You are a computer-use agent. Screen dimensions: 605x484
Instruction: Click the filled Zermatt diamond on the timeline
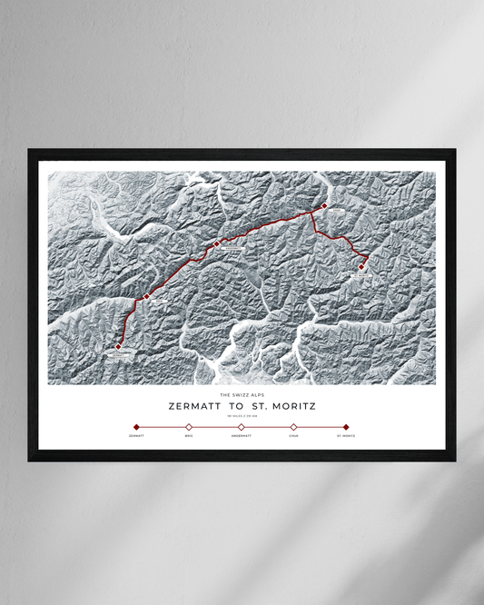(136, 426)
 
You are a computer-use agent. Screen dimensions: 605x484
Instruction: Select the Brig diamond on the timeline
(189, 426)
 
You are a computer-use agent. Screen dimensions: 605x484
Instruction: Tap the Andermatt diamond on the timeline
(241, 426)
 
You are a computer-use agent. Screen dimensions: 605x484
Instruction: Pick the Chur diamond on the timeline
(293, 426)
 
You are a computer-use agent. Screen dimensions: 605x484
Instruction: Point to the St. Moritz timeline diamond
(346, 426)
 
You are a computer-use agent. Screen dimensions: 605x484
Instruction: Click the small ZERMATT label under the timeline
(136, 437)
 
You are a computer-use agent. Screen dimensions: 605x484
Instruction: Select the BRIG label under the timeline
(189, 437)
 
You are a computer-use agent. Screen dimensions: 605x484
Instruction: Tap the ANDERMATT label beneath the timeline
(241, 437)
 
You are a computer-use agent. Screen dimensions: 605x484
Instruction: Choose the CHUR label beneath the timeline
(293, 437)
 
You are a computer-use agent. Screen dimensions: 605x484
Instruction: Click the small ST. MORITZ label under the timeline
(346, 437)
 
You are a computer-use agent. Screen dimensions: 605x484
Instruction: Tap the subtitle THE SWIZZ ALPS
(241, 394)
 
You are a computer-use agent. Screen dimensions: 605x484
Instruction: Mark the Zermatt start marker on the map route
(118, 345)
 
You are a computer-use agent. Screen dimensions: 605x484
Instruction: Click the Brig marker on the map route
(145, 296)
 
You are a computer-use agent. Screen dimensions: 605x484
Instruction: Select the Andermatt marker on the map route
(216, 243)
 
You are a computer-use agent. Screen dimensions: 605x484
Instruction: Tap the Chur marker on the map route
(324, 206)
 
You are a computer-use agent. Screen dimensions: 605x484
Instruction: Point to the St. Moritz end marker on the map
(362, 266)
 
